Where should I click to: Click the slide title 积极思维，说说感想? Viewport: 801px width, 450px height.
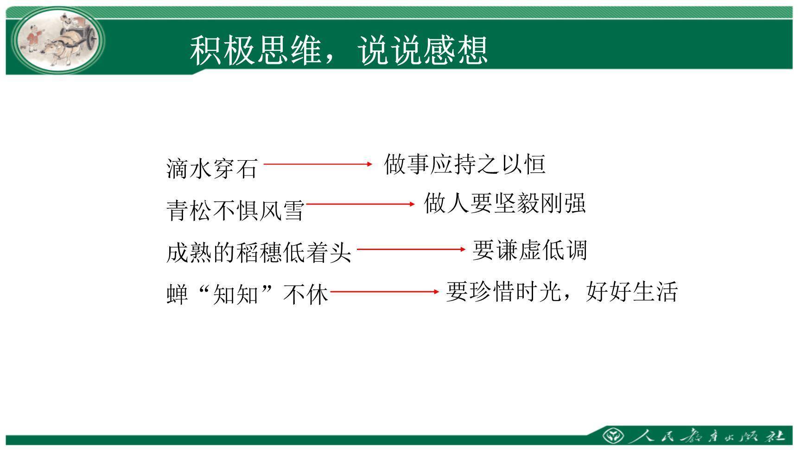(x=339, y=50)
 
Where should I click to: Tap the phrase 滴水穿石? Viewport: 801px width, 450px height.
(x=212, y=168)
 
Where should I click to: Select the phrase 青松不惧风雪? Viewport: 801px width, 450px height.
(x=235, y=210)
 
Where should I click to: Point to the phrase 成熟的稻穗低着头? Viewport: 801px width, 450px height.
(x=259, y=253)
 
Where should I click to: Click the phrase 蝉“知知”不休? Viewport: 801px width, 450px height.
(x=247, y=294)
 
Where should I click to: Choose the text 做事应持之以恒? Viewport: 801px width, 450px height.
(x=464, y=164)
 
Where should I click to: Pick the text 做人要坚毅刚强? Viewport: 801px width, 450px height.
(x=505, y=203)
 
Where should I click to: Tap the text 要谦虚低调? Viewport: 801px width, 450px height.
(x=529, y=250)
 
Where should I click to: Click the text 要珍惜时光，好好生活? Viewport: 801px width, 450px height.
(x=562, y=292)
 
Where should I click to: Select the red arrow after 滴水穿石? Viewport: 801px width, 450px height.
(x=318, y=164)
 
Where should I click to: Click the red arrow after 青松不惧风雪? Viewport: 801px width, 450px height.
(x=360, y=204)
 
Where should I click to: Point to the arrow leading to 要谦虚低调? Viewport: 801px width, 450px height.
(x=411, y=249)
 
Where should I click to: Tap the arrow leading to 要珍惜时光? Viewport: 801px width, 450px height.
(x=384, y=292)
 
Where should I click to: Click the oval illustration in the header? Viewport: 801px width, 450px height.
(x=58, y=41)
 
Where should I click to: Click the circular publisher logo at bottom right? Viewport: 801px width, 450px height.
(x=612, y=436)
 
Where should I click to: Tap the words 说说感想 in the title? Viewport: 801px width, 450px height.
(x=423, y=50)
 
